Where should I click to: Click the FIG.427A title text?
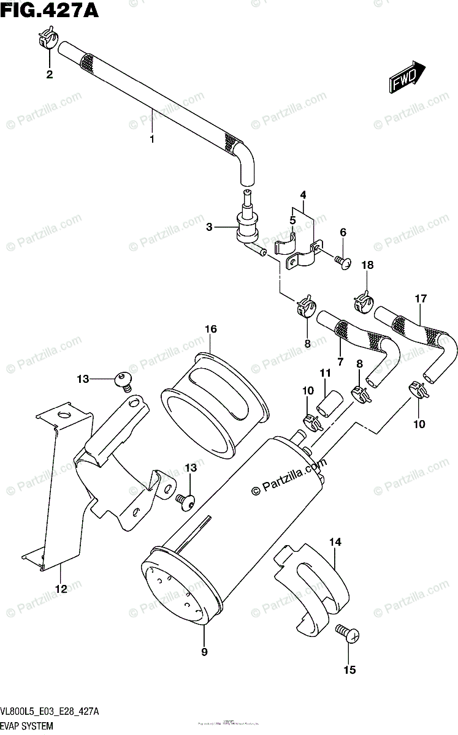50,11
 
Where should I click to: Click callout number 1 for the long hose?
151,139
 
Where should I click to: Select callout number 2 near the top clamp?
49,75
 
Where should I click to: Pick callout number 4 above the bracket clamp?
303,196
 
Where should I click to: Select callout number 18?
367,265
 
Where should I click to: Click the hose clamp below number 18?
364,302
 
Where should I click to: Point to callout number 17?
420,299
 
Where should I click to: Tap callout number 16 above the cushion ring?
210,330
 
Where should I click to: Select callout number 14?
335,541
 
